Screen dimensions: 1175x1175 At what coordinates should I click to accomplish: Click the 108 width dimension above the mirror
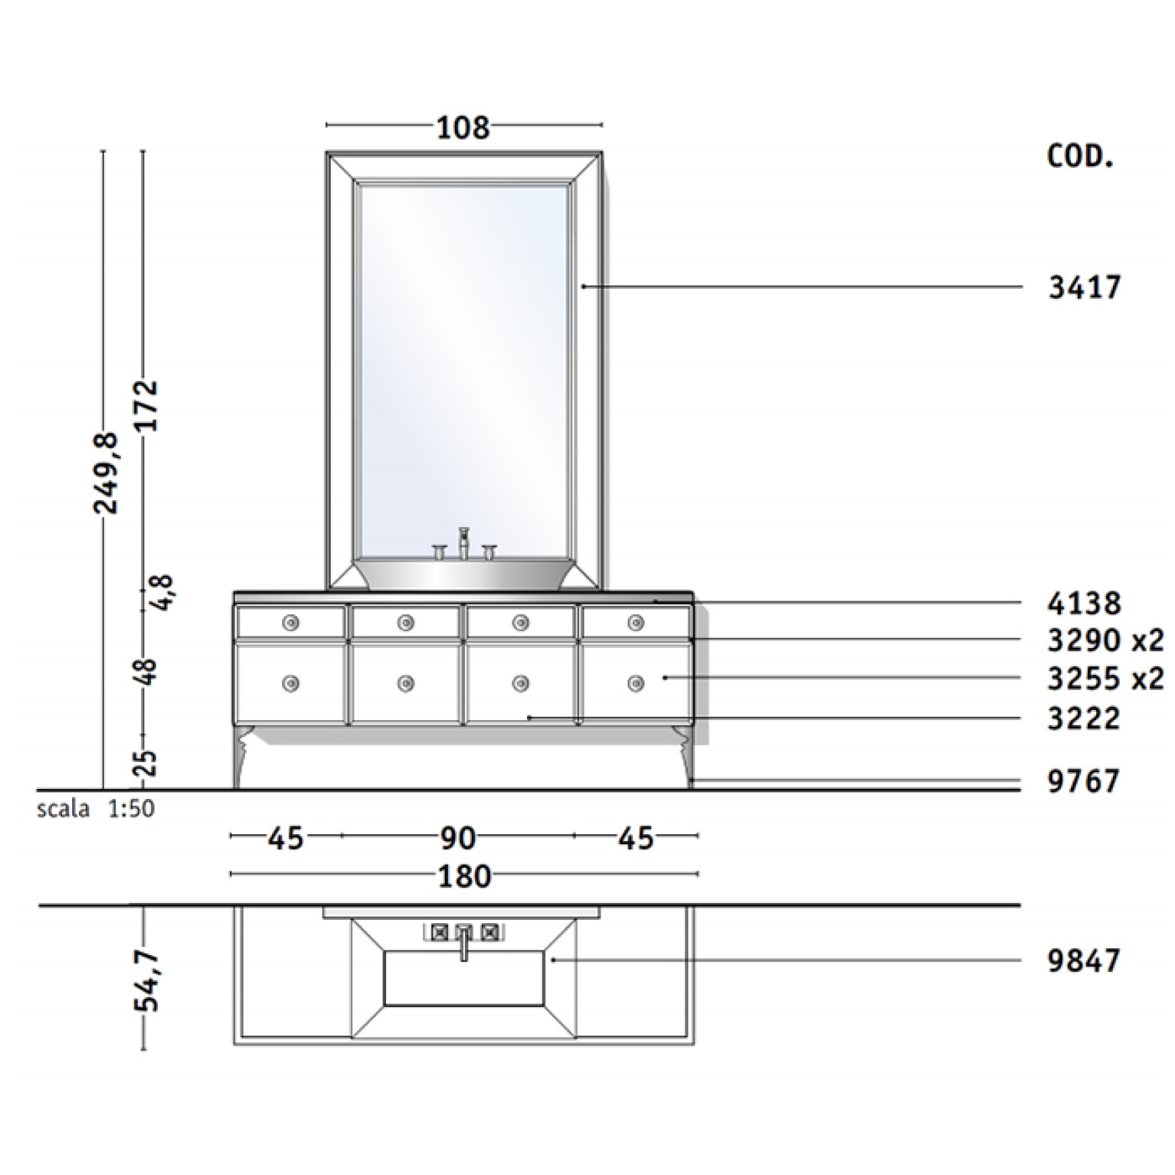463,128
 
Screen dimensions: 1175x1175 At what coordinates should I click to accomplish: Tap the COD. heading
1079,156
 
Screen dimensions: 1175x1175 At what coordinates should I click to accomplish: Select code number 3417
1085,288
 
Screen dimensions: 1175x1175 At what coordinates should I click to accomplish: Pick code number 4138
1085,604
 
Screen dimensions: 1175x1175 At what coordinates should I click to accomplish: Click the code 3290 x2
1105,640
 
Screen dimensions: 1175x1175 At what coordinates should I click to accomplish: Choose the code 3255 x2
1105,678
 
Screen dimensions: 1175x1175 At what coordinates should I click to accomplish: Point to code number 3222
1085,718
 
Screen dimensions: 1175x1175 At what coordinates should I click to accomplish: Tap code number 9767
1085,782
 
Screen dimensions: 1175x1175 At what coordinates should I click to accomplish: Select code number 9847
1085,960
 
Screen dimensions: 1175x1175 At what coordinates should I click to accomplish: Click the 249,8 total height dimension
106,473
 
